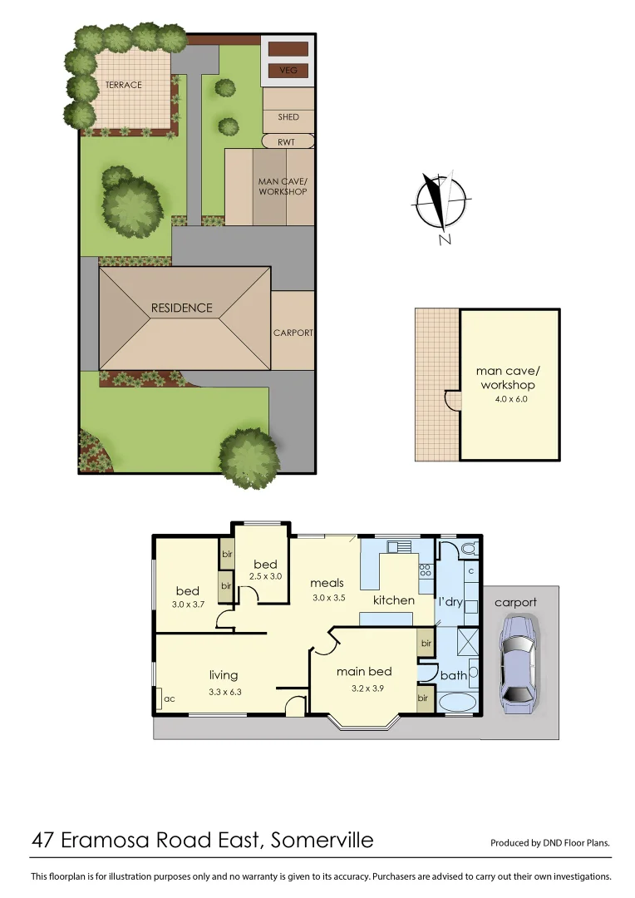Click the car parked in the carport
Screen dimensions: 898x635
coord(518,665)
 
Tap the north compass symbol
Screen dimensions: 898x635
coord(441,202)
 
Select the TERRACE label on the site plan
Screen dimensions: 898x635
coord(123,85)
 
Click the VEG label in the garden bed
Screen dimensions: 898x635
coord(288,71)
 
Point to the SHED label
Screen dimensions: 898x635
coord(288,117)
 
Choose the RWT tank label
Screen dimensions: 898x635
coord(287,141)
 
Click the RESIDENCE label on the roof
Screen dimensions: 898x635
coord(181,308)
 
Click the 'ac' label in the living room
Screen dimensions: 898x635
coord(170,699)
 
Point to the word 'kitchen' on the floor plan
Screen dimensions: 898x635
coord(393,599)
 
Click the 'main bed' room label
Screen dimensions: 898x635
coord(363,671)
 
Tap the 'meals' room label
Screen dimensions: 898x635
coord(327,583)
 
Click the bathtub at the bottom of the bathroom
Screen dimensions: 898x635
coord(455,703)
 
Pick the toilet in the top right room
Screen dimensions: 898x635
coord(467,549)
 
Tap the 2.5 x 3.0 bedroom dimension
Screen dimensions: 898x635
coord(265,576)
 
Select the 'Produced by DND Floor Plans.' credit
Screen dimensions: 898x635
coord(550,842)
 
